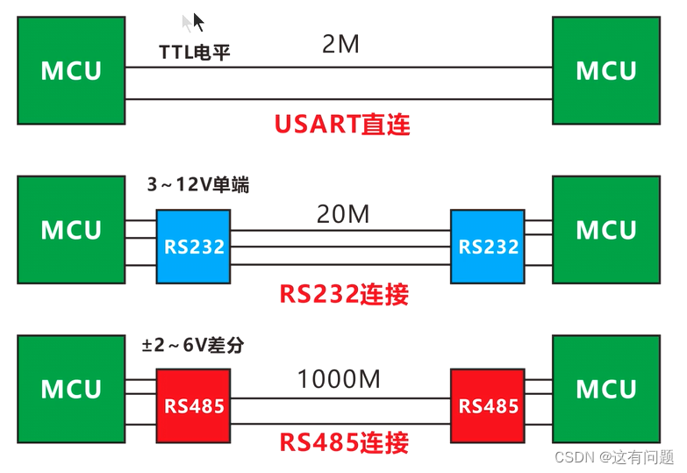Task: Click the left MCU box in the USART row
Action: pos(72,71)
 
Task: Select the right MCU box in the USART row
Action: pos(606,71)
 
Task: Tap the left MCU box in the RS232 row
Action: pos(72,230)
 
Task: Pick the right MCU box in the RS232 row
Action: pos(606,230)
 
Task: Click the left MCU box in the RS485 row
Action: pos(72,389)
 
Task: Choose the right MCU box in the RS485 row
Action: pos(606,389)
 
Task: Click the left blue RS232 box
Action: pos(194,247)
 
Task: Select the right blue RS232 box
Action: pos(489,247)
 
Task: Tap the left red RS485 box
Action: pos(194,405)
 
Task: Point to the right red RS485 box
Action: pos(489,405)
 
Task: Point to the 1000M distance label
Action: pos(340,380)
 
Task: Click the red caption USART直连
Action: pos(342,124)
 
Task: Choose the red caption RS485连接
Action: pos(344,442)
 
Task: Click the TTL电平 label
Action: pos(195,52)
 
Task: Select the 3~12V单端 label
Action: pos(197,186)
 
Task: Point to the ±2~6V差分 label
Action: pos(193,346)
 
